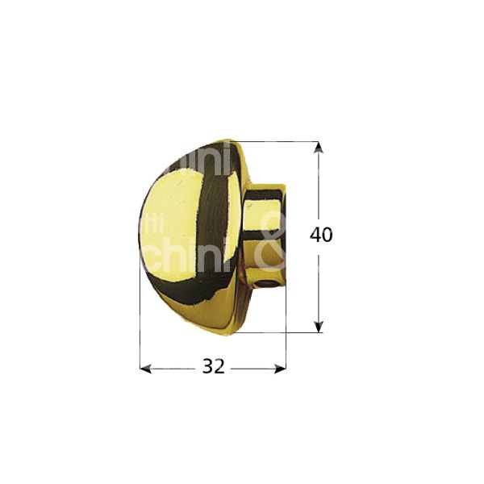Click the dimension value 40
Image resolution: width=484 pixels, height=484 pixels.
[x=321, y=236]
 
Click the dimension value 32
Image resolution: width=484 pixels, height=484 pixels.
[x=213, y=367]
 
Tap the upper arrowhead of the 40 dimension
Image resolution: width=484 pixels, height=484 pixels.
[x=319, y=148]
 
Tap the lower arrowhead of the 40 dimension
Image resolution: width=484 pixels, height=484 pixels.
[x=319, y=326]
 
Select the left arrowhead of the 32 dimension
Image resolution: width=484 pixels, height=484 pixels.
[x=145, y=369]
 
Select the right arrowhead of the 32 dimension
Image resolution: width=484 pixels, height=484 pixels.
[x=281, y=369]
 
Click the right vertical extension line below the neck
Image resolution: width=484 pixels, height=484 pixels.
[x=286, y=339]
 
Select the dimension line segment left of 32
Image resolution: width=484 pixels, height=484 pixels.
[x=173, y=369]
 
